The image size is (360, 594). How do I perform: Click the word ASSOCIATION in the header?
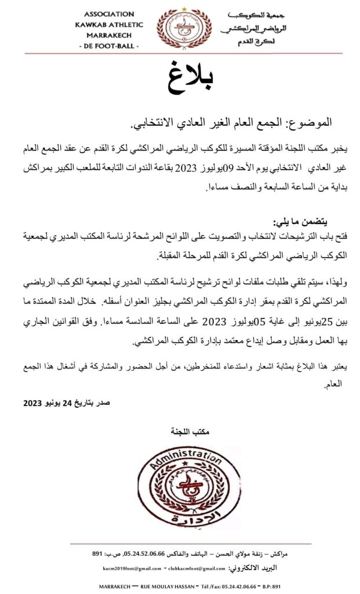click(x=109, y=13)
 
